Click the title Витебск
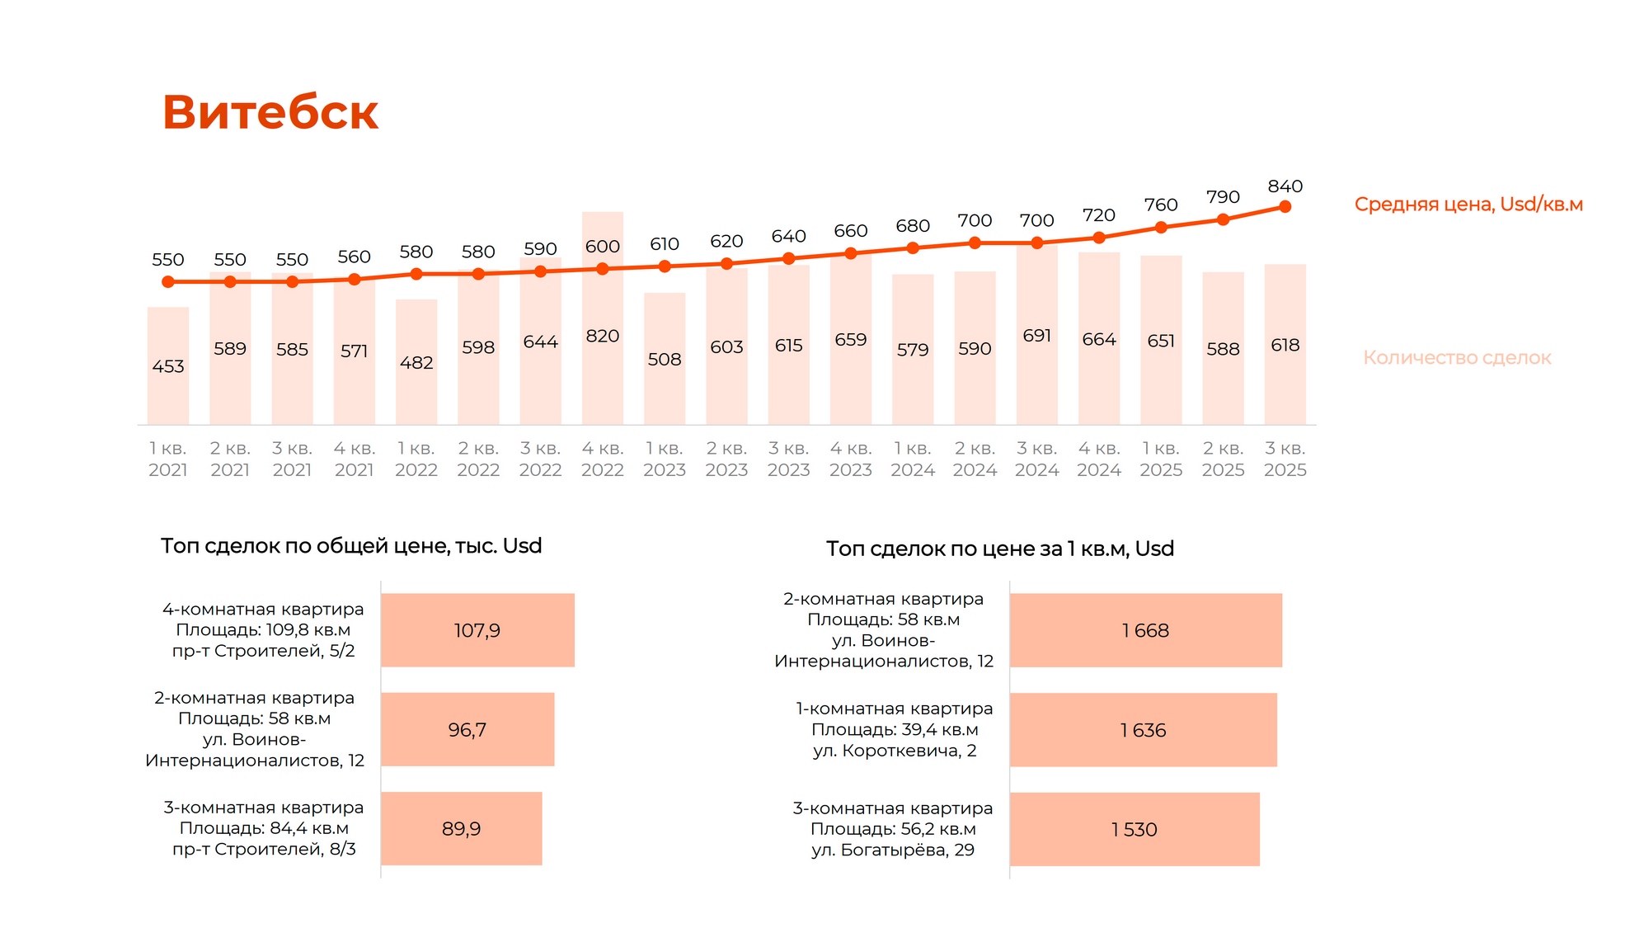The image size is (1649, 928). coord(270,112)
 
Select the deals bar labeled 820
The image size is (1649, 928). coord(602,346)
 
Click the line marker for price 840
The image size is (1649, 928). coord(1285,207)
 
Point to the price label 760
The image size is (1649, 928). coord(1161,205)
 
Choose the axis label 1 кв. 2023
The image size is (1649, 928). coord(665,459)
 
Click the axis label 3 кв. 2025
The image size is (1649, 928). coord(1285,459)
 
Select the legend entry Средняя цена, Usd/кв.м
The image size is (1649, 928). coord(1468,205)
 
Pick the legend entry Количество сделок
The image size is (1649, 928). coord(1457,358)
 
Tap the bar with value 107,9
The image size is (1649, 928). coord(477,630)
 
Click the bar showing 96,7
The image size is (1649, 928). coord(467,729)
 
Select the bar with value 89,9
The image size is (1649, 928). coord(461,828)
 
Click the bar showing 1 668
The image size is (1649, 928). coord(1145,630)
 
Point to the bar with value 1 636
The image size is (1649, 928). coord(1143,730)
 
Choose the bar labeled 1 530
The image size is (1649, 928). coord(1135,829)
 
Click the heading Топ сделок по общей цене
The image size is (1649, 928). coord(351,546)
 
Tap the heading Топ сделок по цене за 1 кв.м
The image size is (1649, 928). coord(1000,549)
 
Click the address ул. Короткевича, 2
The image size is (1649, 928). coord(895,751)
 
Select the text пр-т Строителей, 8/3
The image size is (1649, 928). coord(264,849)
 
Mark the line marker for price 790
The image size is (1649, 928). coord(1223,219)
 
